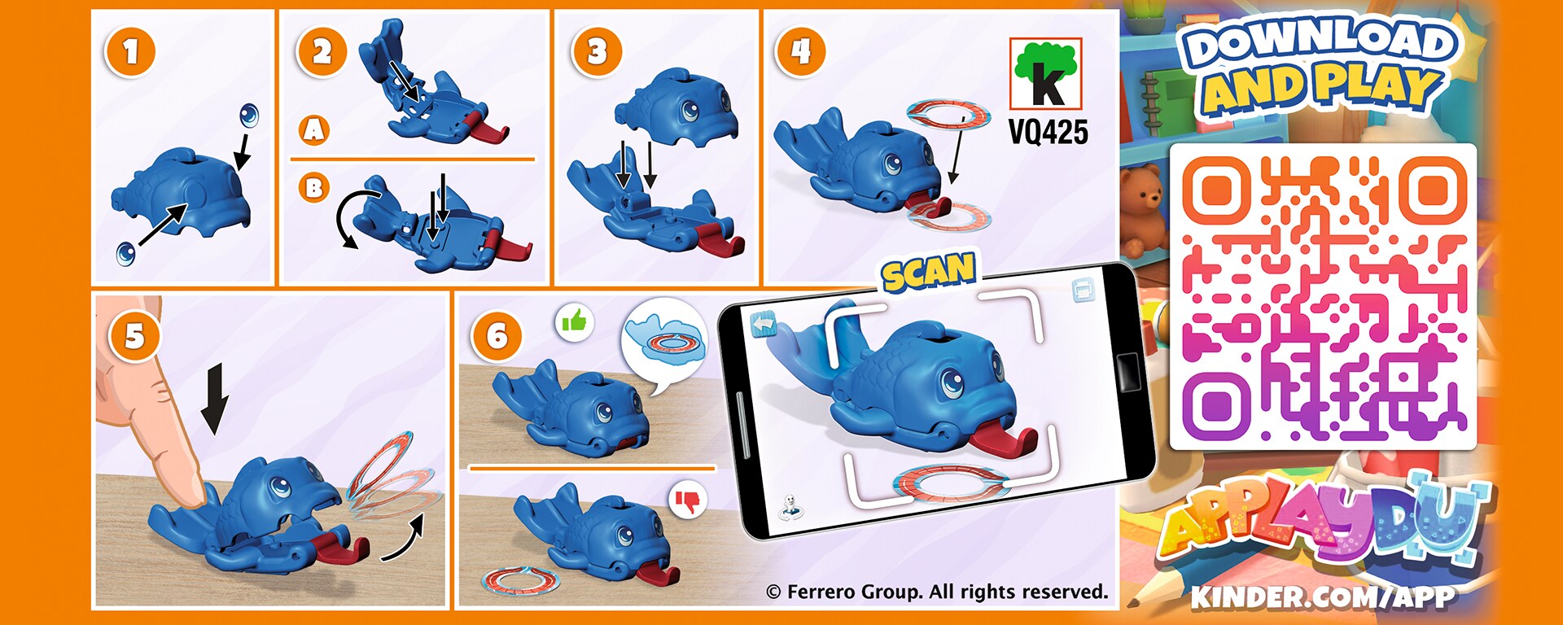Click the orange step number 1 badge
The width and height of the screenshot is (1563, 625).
point(130,52)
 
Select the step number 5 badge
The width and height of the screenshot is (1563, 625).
point(134,336)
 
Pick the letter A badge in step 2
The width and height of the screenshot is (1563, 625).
point(314,129)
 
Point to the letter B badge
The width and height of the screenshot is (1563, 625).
point(314,188)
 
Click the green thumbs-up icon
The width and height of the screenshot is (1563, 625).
point(575,322)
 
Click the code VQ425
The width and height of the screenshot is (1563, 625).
point(1048,131)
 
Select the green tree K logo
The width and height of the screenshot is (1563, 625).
point(1046,74)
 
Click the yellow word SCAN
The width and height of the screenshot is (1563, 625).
point(929,273)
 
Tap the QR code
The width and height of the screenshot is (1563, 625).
point(1323,297)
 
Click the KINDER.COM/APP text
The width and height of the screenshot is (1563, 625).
point(1323,597)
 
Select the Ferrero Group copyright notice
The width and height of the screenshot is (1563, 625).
point(937,592)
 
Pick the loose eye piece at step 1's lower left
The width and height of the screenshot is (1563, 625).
point(127,253)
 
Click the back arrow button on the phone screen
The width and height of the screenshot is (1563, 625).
point(764,325)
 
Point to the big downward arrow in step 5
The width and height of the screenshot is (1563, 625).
point(214,399)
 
